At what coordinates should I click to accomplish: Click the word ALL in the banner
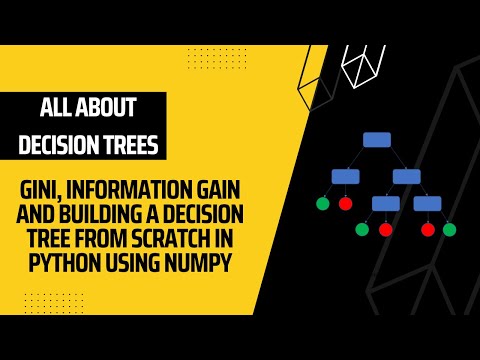tap(56, 107)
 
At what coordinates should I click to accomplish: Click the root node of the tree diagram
tap(376, 140)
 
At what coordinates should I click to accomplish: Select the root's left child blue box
tap(345, 177)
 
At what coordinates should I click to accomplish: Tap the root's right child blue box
tap(406, 177)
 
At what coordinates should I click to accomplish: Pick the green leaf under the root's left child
tap(322, 203)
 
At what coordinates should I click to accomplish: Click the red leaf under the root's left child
tap(346, 203)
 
